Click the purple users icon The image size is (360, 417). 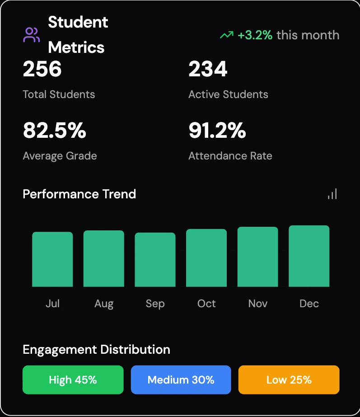(31, 35)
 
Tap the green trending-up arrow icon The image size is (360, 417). (227, 35)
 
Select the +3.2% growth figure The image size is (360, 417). (255, 35)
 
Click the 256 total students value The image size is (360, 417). (42, 69)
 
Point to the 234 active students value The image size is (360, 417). (208, 69)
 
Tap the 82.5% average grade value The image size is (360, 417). (55, 130)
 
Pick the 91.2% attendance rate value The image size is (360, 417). (217, 130)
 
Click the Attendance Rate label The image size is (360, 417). (230, 156)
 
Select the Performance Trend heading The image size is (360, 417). (79, 194)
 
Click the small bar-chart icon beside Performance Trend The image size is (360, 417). (332, 194)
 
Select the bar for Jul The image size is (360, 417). (52, 259)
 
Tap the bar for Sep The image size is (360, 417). (155, 260)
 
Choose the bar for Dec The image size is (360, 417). (309, 256)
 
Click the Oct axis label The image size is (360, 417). (206, 304)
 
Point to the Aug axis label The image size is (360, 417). (104, 304)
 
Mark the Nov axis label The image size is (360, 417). (257, 304)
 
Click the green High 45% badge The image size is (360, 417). (73, 380)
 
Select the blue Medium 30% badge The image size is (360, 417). (181, 380)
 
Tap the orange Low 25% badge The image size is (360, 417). (289, 380)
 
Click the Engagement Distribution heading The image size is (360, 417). (97, 350)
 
